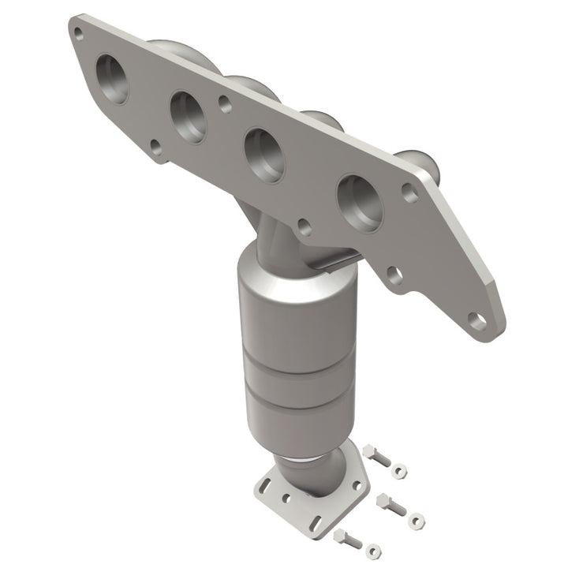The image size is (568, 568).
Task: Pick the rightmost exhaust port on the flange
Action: [358, 201]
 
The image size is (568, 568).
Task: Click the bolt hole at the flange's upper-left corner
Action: [77, 32]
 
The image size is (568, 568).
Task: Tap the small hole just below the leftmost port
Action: [156, 147]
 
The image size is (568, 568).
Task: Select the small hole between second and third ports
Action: [226, 102]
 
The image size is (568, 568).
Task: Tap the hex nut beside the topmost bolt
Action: [402, 472]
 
